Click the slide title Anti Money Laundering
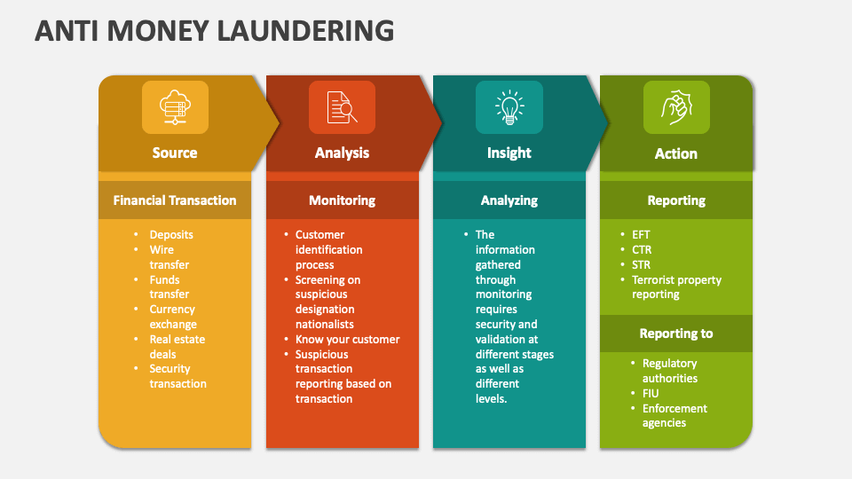[x=214, y=31]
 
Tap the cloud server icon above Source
[x=175, y=107]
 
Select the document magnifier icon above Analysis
[x=342, y=107]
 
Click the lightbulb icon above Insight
[x=509, y=107]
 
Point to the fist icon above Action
[x=675, y=107]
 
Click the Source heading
[x=175, y=153]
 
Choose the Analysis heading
[x=342, y=153]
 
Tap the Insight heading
[x=509, y=153]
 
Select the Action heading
[x=675, y=153]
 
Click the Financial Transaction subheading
[x=175, y=200]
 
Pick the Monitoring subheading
[x=342, y=200]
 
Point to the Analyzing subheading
[x=509, y=200]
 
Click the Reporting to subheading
[x=675, y=334]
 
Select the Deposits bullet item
[x=171, y=234]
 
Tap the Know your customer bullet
[x=347, y=339]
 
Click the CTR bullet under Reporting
[x=642, y=250]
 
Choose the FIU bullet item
[x=651, y=393]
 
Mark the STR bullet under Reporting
[x=642, y=264]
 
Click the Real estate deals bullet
[x=177, y=347]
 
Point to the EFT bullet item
[x=642, y=235]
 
